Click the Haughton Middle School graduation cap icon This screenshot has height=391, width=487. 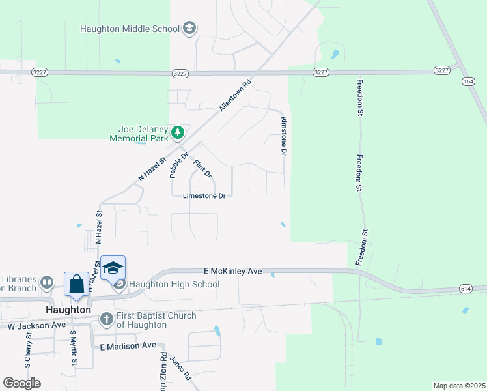tap(189, 28)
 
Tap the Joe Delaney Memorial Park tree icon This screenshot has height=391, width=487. tap(177, 133)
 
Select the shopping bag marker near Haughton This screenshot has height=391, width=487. tap(76, 284)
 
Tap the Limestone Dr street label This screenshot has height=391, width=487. tap(204, 195)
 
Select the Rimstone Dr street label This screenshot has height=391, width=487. tap(284, 136)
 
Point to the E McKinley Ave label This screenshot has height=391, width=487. tap(232, 270)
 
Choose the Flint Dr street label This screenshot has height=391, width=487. tap(203, 165)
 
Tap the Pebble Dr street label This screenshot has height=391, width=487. tap(178, 164)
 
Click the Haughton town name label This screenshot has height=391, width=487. tap(68, 310)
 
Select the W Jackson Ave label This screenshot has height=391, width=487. tap(36, 325)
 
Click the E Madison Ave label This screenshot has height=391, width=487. tap(128, 345)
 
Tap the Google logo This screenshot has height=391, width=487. tap(22, 383)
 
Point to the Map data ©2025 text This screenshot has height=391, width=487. tap(459, 386)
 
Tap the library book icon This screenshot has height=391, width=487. tap(46, 283)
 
